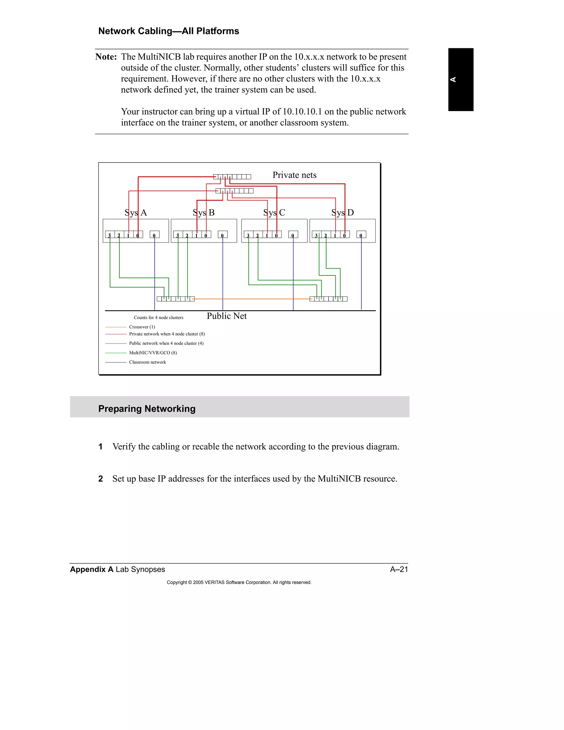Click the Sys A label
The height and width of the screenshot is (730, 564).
[136, 213]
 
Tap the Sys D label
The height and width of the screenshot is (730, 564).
[343, 213]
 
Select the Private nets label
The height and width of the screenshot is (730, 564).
[294, 175]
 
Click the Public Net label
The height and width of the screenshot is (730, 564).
[227, 316]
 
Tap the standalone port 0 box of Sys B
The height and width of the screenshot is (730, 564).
[223, 235]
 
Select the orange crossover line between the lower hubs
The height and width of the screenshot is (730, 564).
[252, 299]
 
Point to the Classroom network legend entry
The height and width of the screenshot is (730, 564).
[147, 362]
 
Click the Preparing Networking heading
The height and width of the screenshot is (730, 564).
[147, 409]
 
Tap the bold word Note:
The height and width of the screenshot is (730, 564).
[106, 57]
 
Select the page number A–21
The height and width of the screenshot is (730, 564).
[399, 569]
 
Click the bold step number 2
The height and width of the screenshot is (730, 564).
[101, 479]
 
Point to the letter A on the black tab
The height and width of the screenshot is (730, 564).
[453, 80]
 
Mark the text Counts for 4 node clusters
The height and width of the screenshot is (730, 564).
[158, 318]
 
